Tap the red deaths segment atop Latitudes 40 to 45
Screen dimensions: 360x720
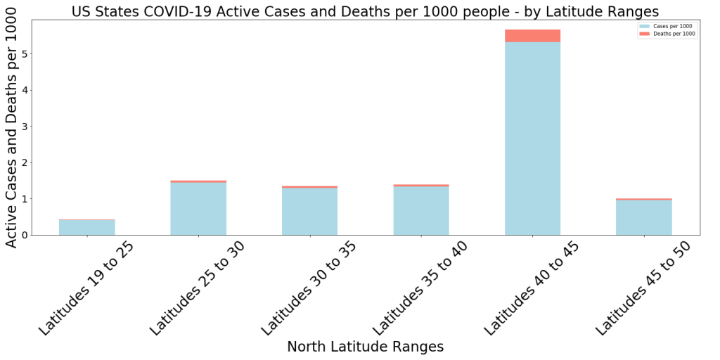532,36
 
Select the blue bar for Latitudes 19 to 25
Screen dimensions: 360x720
86,227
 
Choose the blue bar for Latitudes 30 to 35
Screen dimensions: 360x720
309,211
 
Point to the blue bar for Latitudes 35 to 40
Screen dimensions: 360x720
420,210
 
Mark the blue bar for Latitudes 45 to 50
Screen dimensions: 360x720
643,217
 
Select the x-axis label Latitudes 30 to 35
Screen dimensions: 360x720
308,288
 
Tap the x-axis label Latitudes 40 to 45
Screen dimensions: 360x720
532,288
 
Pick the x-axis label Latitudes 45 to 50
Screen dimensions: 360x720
643,288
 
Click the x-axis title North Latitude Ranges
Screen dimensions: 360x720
365,347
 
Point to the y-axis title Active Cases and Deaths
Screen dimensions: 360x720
11,134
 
